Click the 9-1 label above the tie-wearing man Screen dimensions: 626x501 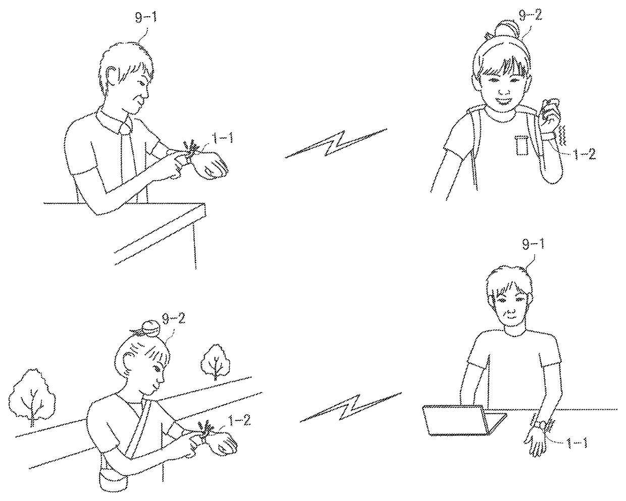(146, 18)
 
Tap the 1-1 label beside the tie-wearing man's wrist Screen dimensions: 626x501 (223, 138)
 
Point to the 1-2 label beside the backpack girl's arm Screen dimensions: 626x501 (585, 154)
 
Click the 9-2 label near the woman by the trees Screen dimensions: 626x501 (174, 319)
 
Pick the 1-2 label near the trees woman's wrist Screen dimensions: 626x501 (240, 421)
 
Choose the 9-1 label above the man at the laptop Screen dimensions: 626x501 (533, 245)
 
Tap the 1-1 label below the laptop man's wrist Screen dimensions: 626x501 (577, 443)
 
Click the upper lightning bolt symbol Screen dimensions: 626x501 (336, 143)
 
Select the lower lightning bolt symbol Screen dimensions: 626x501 (351, 407)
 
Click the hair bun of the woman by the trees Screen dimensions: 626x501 (150, 328)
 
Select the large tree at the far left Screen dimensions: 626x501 (32, 398)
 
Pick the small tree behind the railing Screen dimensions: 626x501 (215, 362)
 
